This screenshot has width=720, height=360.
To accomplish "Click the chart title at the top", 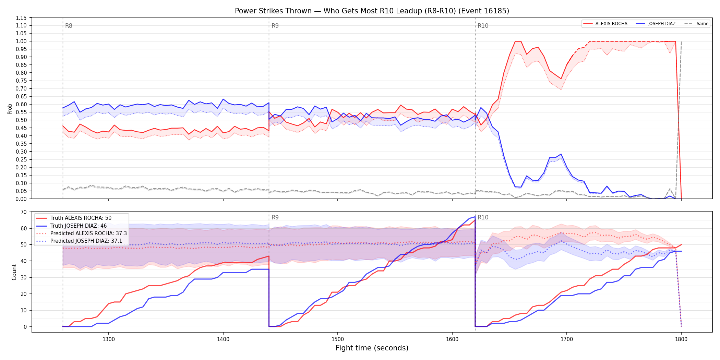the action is [372, 11].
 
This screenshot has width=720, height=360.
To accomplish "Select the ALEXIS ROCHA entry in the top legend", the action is [605, 24].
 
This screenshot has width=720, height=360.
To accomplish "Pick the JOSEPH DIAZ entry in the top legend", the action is [656, 24].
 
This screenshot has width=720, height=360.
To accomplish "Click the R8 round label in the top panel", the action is [69, 26].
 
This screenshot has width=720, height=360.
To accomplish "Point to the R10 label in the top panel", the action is [483, 26].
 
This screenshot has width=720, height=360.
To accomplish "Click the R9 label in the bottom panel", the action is [275, 217].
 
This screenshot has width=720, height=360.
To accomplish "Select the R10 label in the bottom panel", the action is [483, 217].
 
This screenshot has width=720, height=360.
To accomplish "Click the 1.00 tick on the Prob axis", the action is [21, 41].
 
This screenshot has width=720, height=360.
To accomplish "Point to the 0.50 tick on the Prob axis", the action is [21, 120].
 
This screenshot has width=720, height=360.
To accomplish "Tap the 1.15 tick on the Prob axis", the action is [21, 18].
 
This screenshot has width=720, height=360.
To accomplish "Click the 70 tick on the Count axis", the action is [24, 212].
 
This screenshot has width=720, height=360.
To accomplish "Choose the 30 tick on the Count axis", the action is [24, 277].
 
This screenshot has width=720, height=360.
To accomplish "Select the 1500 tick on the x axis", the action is [338, 339].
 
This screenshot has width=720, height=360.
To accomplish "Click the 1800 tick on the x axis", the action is [681, 339].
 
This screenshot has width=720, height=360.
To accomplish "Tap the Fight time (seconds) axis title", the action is [372, 348].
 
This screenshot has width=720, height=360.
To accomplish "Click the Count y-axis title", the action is [14, 272].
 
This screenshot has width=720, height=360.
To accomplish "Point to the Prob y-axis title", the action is [10, 109].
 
